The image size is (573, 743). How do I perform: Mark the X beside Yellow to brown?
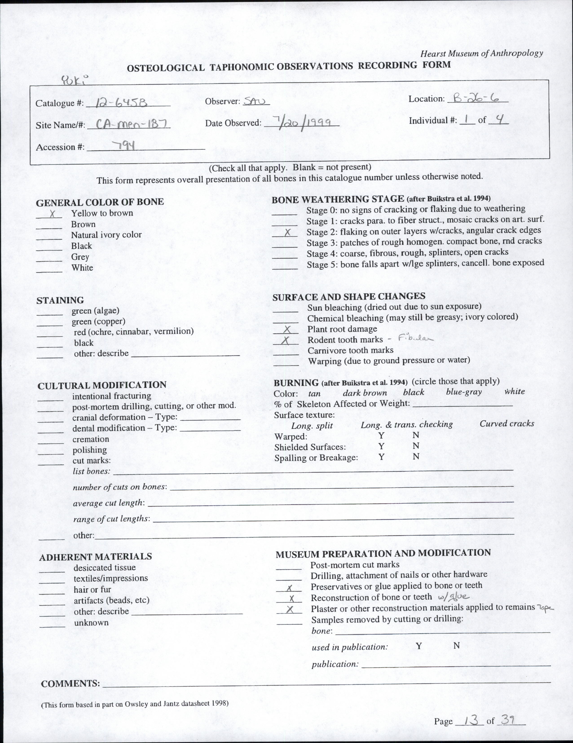(x=52, y=214)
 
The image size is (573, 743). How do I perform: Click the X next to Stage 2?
(x=288, y=232)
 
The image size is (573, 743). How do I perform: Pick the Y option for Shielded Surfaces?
(x=381, y=446)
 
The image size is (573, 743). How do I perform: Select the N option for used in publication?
(x=457, y=646)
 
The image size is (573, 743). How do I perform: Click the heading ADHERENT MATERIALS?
(x=95, y=557)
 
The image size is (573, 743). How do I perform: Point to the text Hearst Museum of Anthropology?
(x=482, y=53)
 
